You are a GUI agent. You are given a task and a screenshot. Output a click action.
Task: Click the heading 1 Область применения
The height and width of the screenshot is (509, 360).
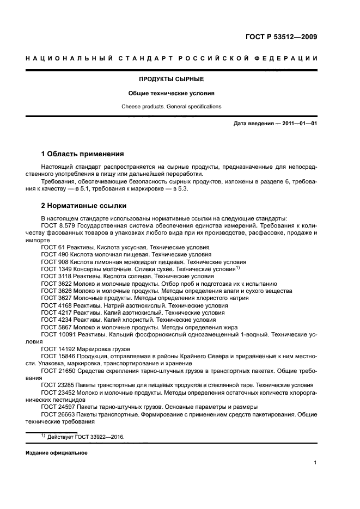point(83,154)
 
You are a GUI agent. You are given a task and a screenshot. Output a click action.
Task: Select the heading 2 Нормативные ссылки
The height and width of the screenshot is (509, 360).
point(84,206)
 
